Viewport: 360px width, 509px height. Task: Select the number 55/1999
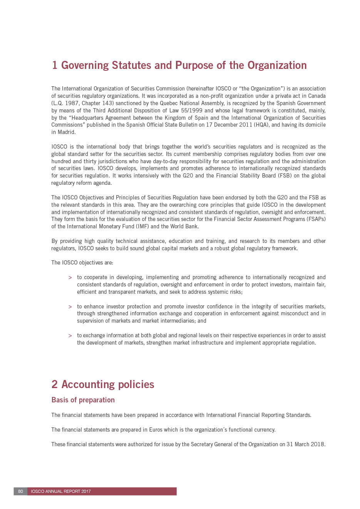click(192, 111)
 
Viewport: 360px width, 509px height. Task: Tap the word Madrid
click(66, 132)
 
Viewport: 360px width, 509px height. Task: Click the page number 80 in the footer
click(20, 491)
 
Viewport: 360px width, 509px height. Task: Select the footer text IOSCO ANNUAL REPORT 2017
click(61, 491)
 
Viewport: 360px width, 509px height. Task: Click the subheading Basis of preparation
click(83, 400)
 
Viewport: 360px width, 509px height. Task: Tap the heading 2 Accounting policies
click(103, 384)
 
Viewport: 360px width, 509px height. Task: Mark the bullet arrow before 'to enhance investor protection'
click(70, 307)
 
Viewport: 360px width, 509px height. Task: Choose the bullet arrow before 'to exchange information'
click(70, 336)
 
